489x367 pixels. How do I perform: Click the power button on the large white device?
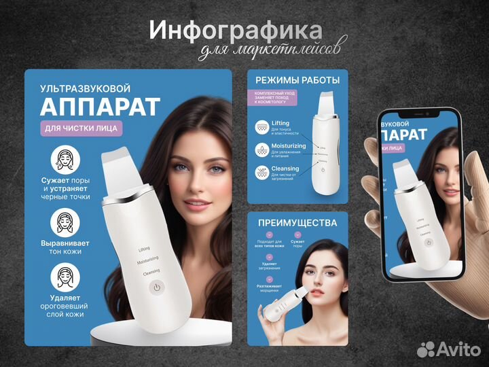tap(157, 287)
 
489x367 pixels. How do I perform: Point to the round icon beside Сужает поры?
tap(66, 160)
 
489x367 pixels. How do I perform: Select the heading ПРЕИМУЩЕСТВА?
tap(297, 222)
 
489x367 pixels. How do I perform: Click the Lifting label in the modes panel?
tap(280, 123)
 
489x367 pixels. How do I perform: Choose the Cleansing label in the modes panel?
tap(285, 169)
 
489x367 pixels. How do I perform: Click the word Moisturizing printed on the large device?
tap(147, 260)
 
